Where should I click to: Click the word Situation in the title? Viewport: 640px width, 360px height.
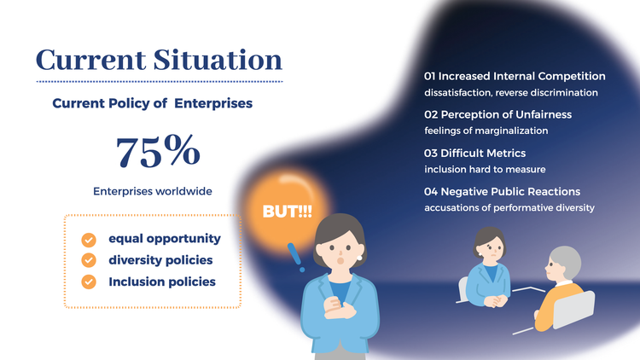point(218,60)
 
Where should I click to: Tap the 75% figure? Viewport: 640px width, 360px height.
point(158,151)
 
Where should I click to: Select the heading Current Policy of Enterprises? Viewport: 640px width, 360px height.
point(152,103)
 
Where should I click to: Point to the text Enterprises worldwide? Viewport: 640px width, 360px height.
point(153,191)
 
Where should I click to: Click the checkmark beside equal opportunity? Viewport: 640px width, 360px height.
point(89,240)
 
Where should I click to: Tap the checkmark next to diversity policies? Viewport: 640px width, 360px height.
point(89,260)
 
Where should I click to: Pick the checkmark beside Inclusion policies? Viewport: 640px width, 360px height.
point(89,282)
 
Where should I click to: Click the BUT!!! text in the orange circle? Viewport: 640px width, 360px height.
point(287,212)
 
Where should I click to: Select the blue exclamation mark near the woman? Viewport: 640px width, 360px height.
point(296,257)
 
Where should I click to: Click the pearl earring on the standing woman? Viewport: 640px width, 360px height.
point(359,258)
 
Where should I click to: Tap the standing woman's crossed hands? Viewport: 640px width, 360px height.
point(339,308)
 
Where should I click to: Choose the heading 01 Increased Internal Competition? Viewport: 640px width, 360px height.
point(515,76)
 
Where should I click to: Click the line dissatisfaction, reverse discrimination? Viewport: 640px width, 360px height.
point(511,93)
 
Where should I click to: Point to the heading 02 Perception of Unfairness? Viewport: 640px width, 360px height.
point(498,114)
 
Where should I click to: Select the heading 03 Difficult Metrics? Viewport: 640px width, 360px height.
point(474,153)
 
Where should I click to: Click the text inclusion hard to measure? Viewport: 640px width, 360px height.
point(485,170)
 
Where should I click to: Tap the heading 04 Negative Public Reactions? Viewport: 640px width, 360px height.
point(502,191)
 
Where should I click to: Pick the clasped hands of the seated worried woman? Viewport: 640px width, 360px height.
point(496,301)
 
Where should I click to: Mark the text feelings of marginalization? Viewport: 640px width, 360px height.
point(486,131)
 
